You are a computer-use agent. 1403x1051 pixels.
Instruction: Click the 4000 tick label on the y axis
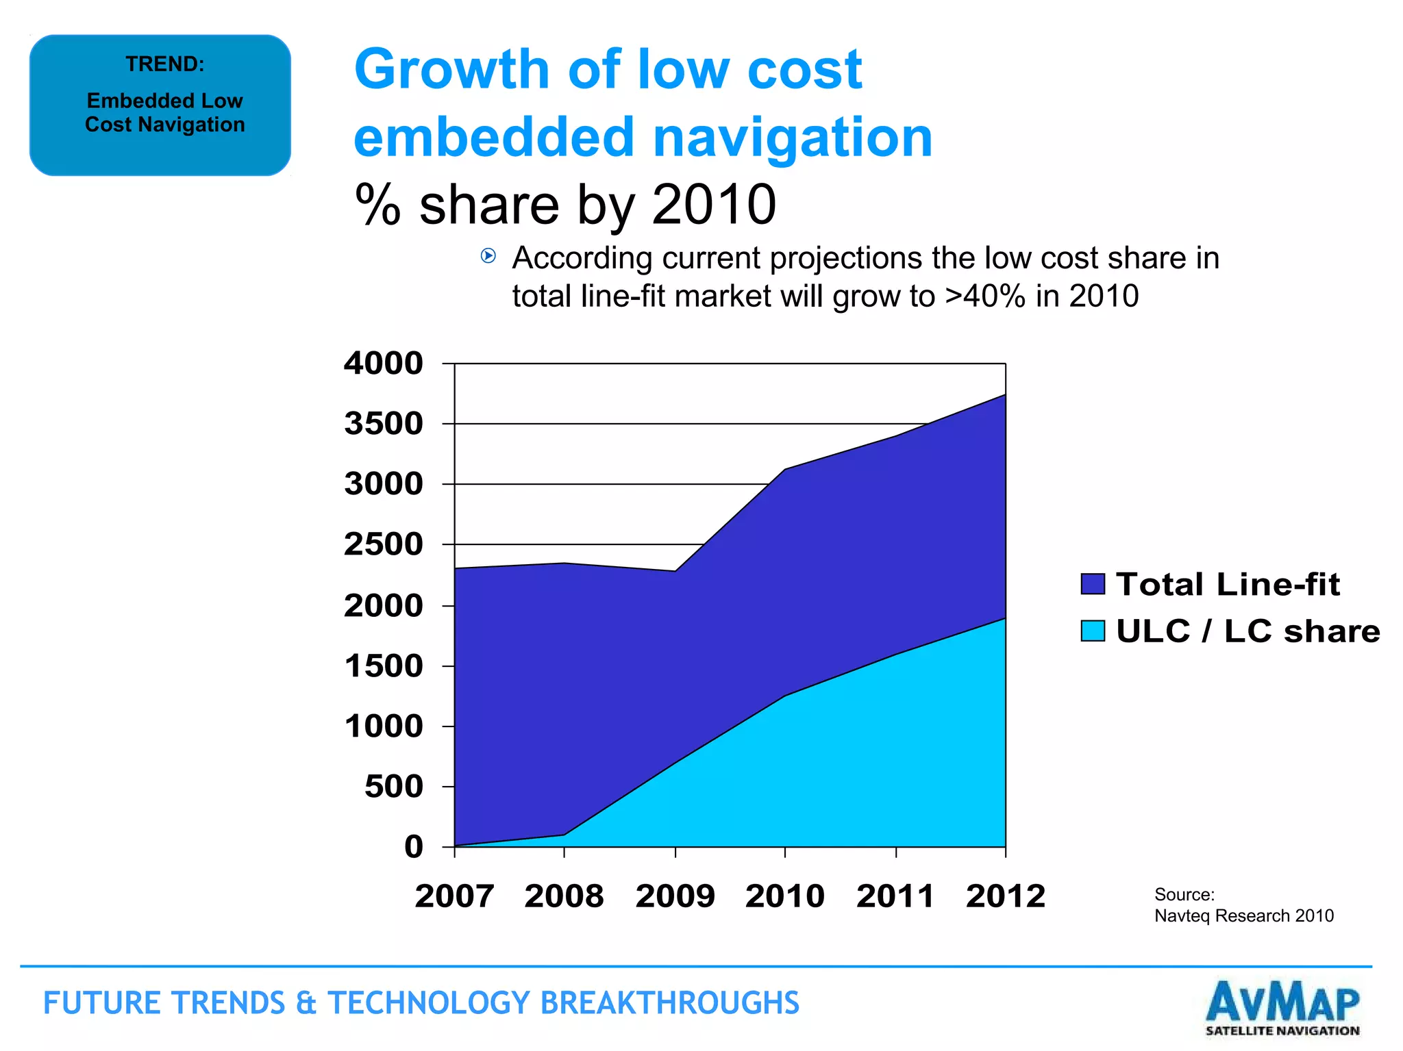tap(384, 364)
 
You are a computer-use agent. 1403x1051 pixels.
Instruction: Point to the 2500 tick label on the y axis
tap(384, 545)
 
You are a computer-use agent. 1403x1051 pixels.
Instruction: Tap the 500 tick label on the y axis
tap(394, 787)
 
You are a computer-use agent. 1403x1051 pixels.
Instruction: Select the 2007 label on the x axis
tap(454, 896)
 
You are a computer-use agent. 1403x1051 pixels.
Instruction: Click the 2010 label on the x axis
tap(785, 896)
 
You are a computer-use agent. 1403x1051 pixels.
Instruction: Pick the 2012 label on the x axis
tap(1006, 896)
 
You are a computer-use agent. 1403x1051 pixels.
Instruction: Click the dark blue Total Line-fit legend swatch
tap(1093, 584)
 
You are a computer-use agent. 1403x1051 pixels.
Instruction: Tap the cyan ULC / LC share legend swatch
tap(1093, 631)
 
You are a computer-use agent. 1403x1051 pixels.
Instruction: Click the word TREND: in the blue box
tap(165, 64)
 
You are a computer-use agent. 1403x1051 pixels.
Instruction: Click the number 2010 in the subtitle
tap(714, 205)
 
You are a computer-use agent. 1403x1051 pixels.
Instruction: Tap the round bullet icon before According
tap(488, 256)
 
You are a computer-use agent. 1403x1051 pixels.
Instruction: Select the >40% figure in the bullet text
tap(984, 296)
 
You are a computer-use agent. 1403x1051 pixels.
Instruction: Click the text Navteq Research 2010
tap(1244, 916)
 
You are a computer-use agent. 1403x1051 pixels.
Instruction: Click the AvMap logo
tap(1282, 1008)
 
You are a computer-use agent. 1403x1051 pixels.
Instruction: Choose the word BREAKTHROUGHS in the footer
tap(669, 1003)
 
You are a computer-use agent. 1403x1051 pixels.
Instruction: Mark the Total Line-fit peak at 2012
tap(1005, 395)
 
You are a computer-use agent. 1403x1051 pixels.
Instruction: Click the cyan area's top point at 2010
tap(785, 696)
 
